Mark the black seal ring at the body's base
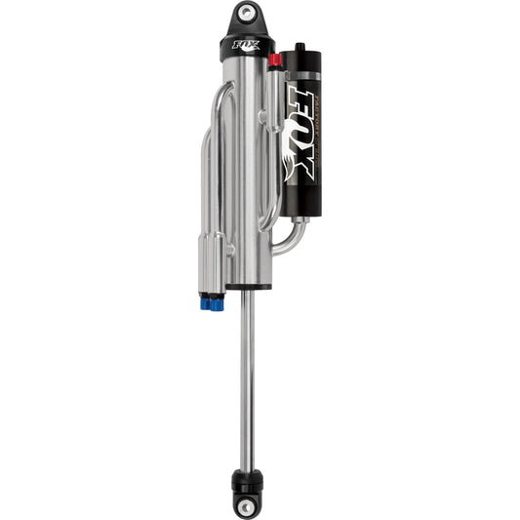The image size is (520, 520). click(x=246, y=284)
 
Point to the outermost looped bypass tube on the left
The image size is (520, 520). click(x=205, y=176)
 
